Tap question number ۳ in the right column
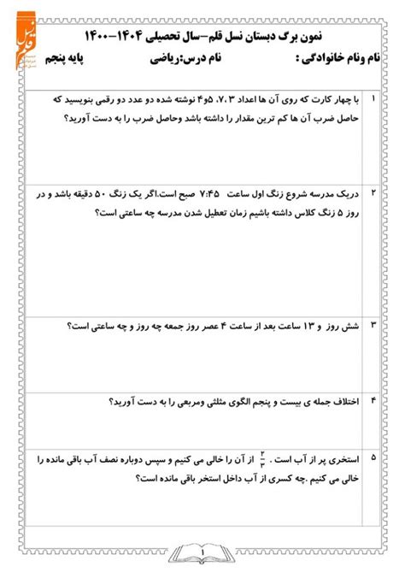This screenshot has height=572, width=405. [x=373, y=326]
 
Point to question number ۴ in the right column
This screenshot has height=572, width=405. [x=373, y=401]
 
